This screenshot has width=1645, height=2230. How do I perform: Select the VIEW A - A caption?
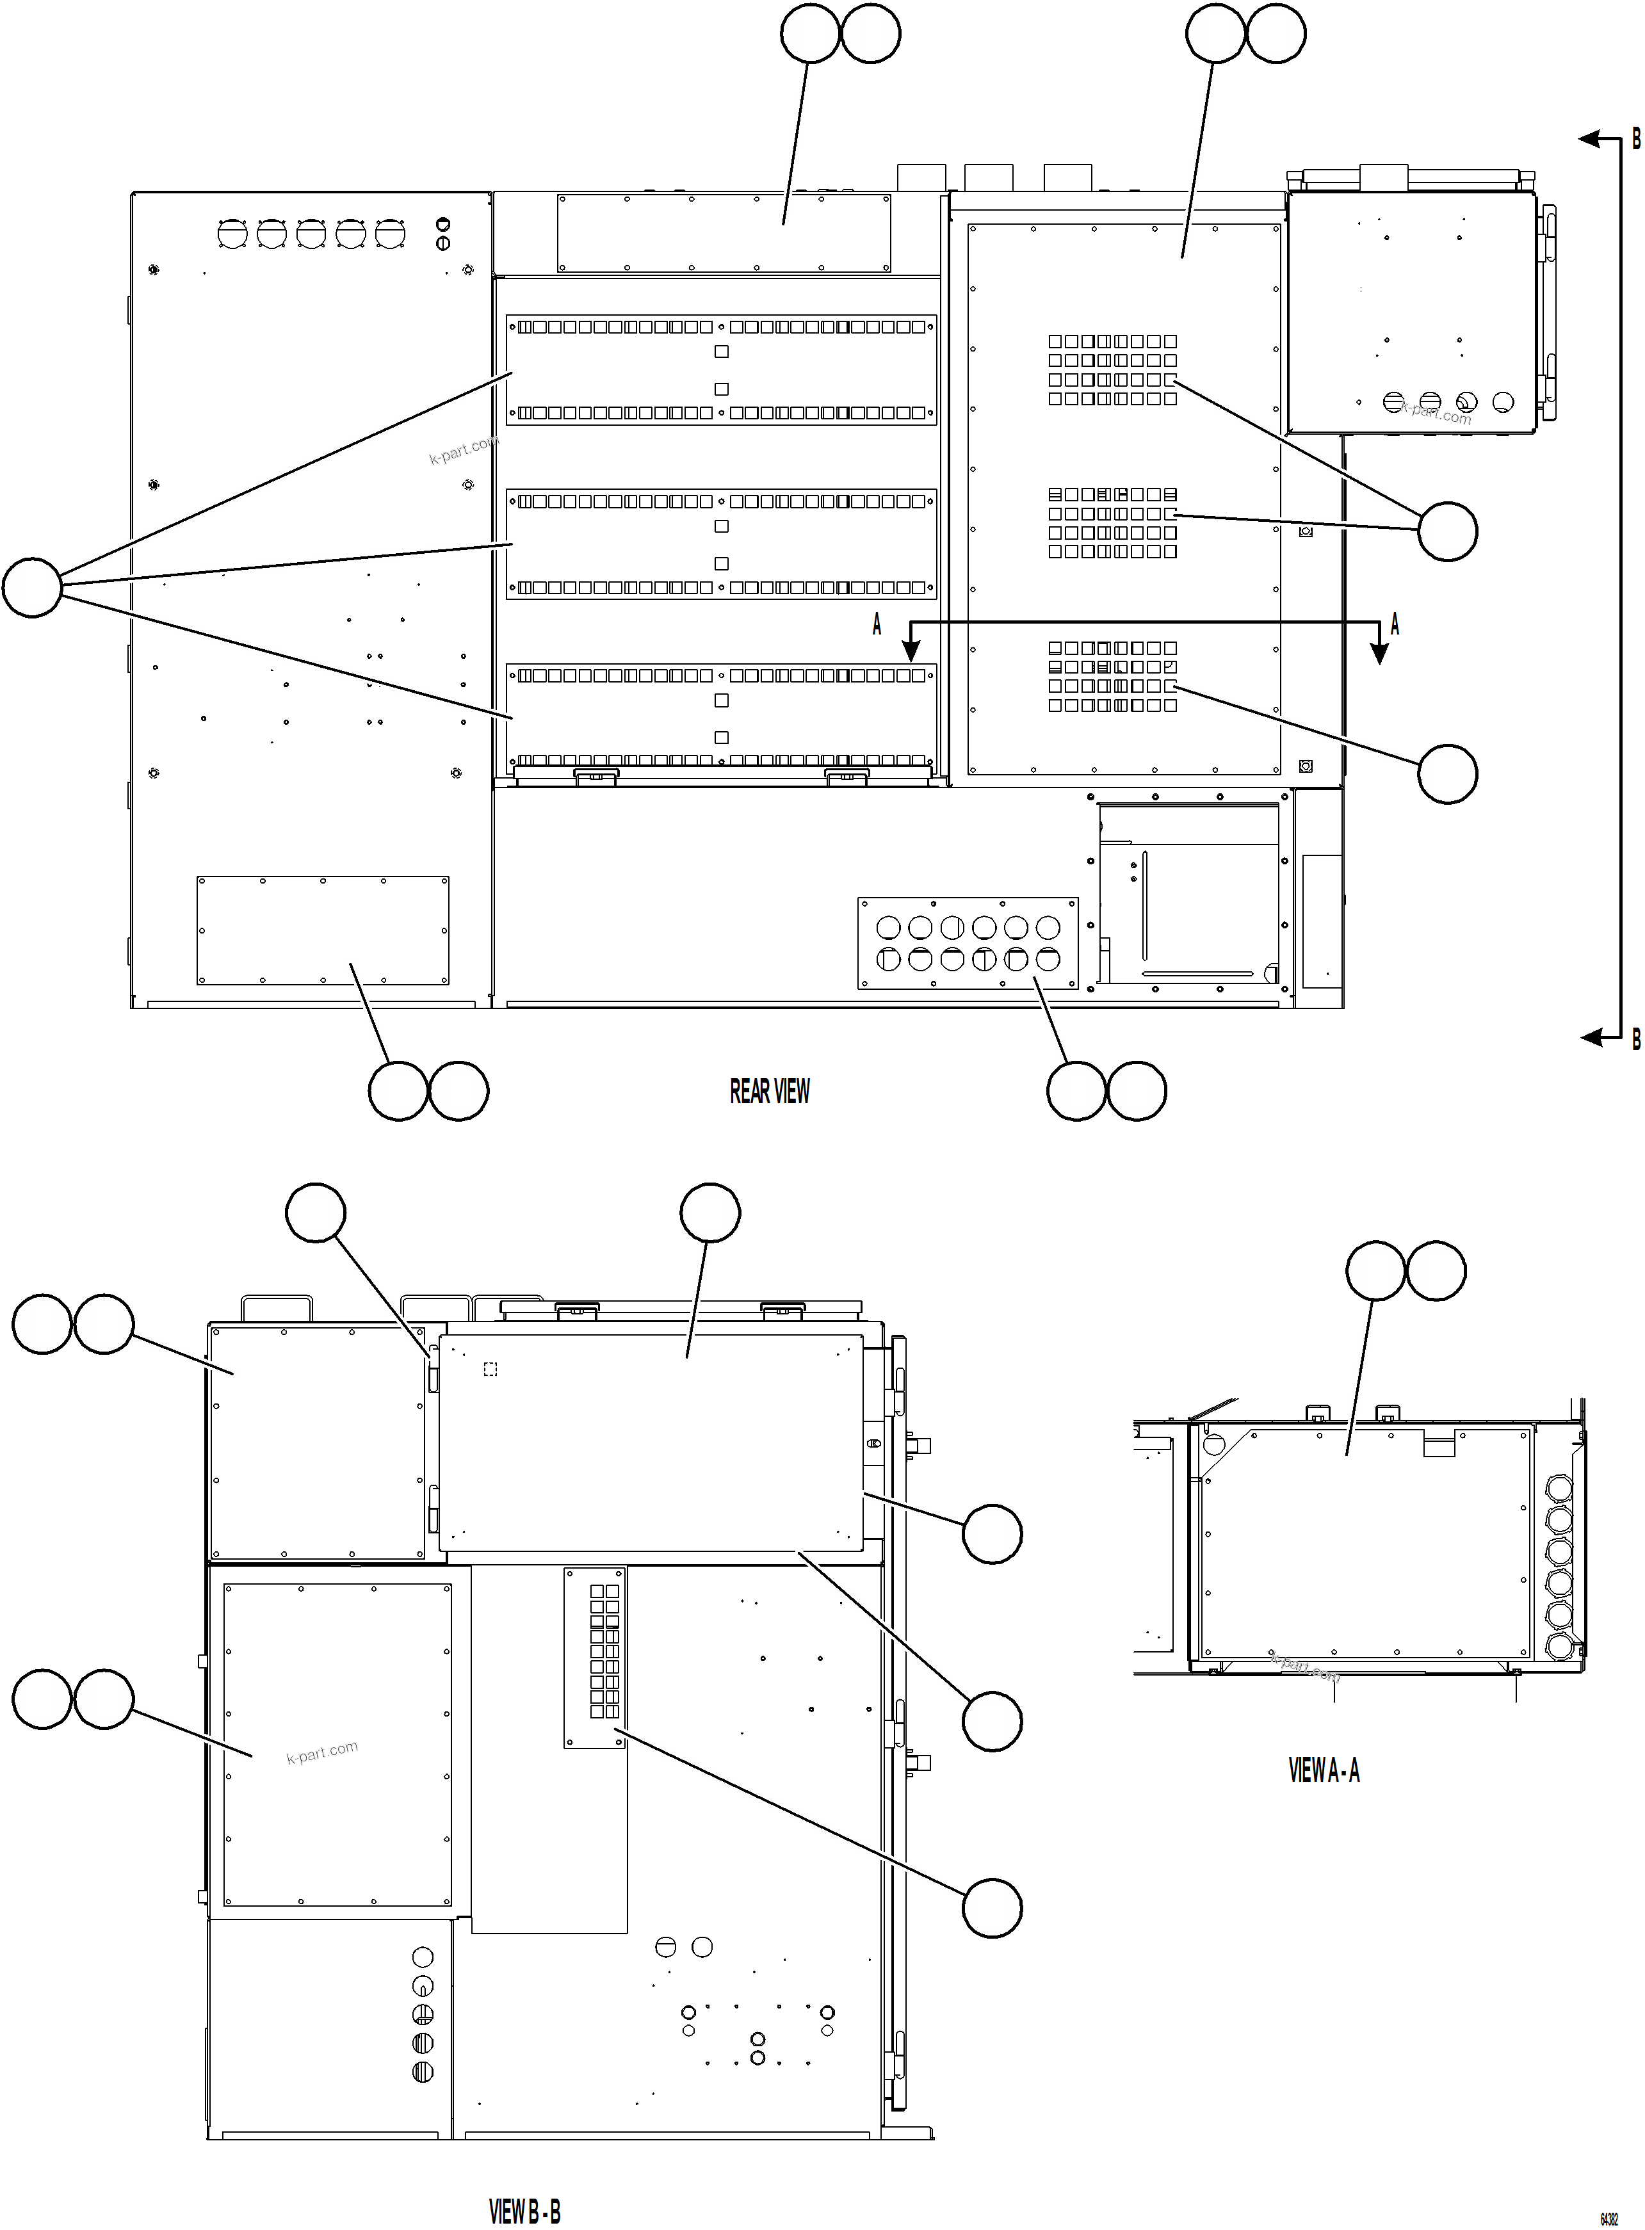coord(1324,1770)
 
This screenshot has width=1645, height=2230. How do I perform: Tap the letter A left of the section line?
coord(876,624)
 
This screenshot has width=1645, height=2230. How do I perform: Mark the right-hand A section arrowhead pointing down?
coord(1379,652)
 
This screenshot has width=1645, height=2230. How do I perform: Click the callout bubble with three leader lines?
coord(32,587)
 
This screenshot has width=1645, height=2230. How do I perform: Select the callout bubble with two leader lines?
coord(1447,531)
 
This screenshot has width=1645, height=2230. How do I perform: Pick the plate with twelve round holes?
coord(967,943)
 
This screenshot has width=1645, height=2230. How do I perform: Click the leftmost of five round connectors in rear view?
coord(232,234)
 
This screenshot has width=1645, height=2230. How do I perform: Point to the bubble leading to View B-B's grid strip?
coord(992,1907)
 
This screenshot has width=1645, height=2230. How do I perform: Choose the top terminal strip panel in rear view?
coord(721,369)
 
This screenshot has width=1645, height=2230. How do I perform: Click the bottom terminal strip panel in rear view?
coord(721,717)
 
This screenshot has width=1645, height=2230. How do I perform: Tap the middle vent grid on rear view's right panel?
coord(1112,522)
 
